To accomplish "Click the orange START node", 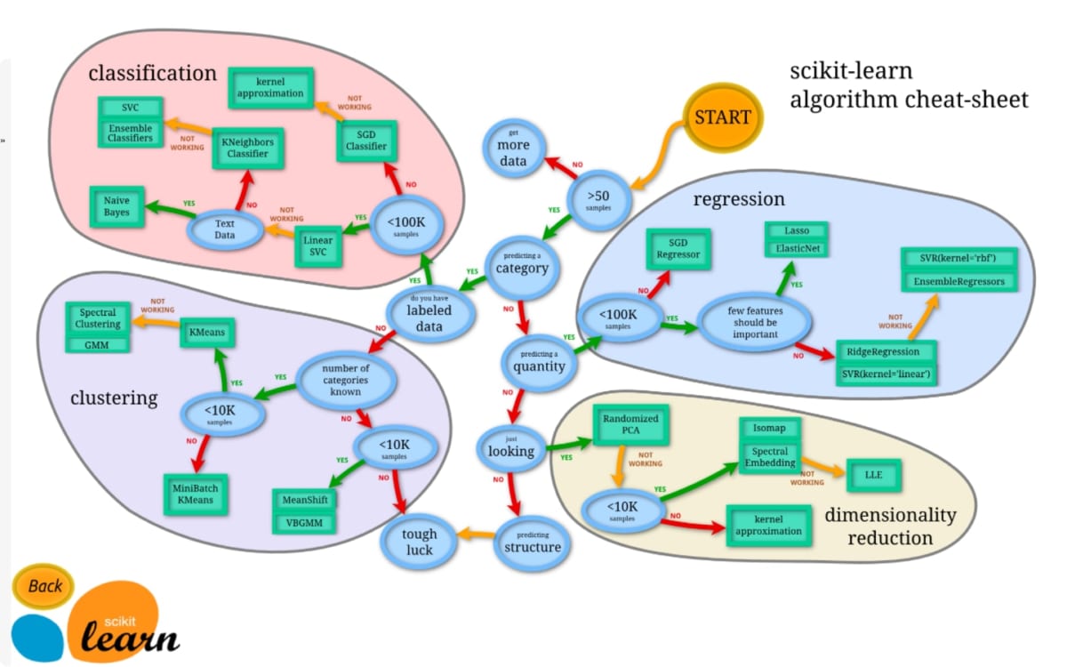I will pos(722,117).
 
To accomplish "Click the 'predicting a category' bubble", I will pos(521,261).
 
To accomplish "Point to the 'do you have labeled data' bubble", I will pos(429,310).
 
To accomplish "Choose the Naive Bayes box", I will pos(116,206).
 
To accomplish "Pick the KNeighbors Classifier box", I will pos(248,148).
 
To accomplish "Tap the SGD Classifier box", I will pos(366,140).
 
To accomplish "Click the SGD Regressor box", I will pos(678,248).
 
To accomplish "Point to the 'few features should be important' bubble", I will pos(755,322).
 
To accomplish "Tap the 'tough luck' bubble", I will pos(418,542).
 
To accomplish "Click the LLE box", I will pos(875,475).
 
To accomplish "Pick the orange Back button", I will pos(44,586).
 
